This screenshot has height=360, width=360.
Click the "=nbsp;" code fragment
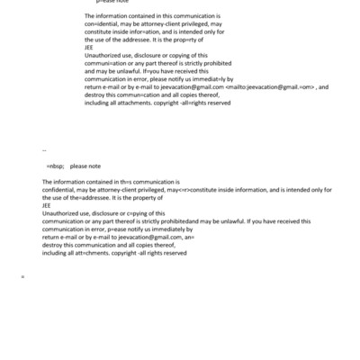click(x=55, y=166)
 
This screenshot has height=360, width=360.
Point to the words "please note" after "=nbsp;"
click(x=85, y=166)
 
